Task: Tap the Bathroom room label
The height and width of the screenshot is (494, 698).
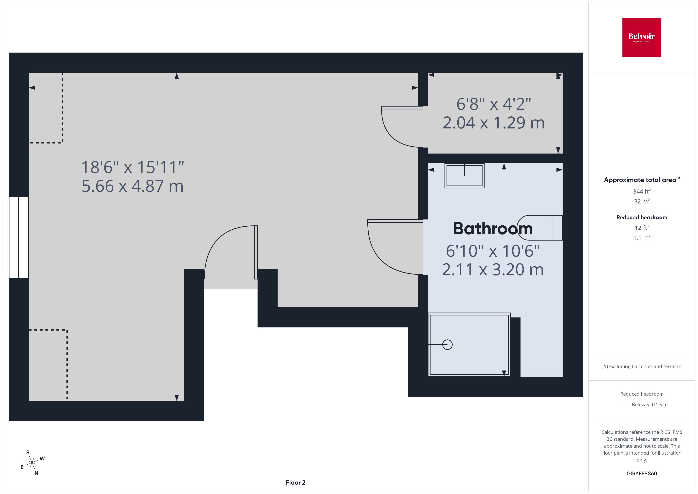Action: pos(492,229)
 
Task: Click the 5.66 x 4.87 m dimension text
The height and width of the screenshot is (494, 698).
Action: pos(133,186)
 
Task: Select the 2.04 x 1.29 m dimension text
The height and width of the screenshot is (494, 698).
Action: pos(493,123)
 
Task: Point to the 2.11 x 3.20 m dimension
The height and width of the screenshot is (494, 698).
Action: pos(492,270)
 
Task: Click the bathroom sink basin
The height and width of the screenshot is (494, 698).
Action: pos(464,176)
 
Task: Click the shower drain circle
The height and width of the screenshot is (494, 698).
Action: pos(447,345)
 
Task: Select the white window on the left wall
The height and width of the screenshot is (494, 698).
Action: pos(19,237)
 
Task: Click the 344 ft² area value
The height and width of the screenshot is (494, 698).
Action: pos(641,191)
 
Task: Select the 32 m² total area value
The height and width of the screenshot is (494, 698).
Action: pos(641,201)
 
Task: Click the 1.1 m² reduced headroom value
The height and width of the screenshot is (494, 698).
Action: pos(641,237)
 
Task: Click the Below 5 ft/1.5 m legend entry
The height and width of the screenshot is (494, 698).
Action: pos(649,405)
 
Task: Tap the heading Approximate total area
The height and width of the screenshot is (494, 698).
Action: pos(640,180)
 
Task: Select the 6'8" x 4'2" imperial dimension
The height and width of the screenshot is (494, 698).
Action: pos(493,104)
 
